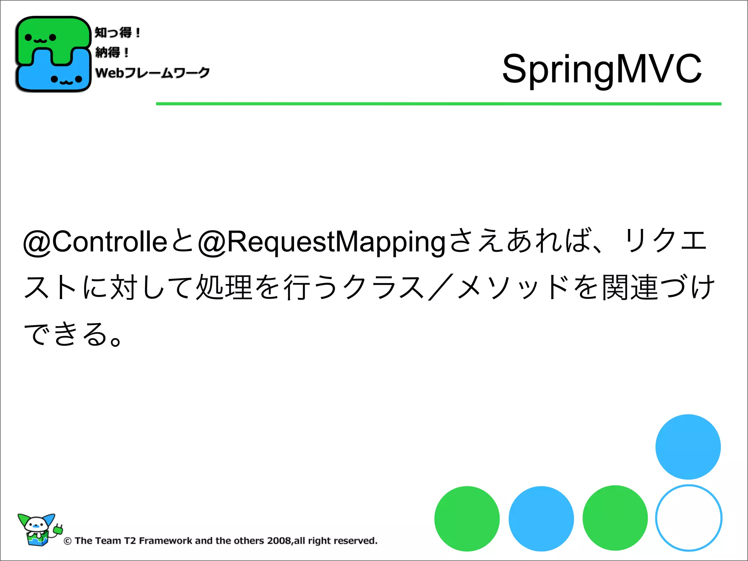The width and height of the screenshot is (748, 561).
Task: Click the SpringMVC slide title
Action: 602,69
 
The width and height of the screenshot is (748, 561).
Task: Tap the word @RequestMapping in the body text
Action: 321,242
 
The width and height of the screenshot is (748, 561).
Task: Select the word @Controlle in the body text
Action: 95,242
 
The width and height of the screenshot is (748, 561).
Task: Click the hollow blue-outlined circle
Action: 688,518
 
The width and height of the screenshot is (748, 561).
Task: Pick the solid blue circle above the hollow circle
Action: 688,447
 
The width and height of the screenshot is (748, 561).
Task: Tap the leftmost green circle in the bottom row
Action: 467,518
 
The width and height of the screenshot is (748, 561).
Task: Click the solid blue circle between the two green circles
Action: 541,518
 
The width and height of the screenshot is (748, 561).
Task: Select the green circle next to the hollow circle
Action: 615,518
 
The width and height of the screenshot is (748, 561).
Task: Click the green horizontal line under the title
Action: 438,104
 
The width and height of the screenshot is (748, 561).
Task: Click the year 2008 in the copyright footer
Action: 279,541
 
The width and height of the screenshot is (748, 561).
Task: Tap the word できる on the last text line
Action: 66,334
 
